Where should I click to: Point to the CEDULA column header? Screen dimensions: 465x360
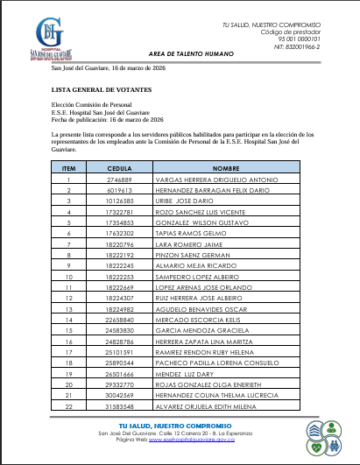(119, 167)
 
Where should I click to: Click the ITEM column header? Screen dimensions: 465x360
(70, 167)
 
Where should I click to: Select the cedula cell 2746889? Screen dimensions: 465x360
(119, 180)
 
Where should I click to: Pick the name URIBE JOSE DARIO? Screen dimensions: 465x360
(191, 200)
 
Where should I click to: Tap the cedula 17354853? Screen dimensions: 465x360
(119, 222)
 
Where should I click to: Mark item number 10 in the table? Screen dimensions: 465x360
(70, 277)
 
